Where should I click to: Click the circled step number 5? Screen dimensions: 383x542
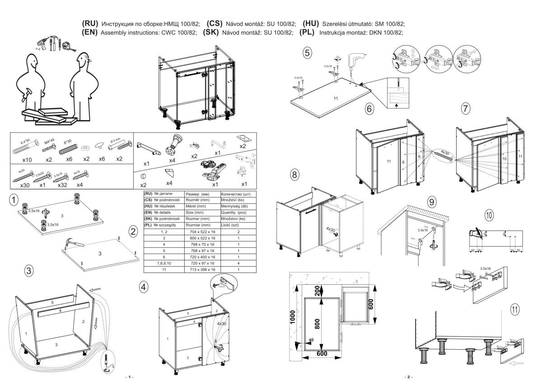(307, 53)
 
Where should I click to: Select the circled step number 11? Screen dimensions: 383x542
(514, 309)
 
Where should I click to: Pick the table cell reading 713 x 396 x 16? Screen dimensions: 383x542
(202, 269)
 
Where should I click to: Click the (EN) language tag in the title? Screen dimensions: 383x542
(90, 32)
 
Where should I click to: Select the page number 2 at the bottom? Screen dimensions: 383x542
(409, 376)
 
